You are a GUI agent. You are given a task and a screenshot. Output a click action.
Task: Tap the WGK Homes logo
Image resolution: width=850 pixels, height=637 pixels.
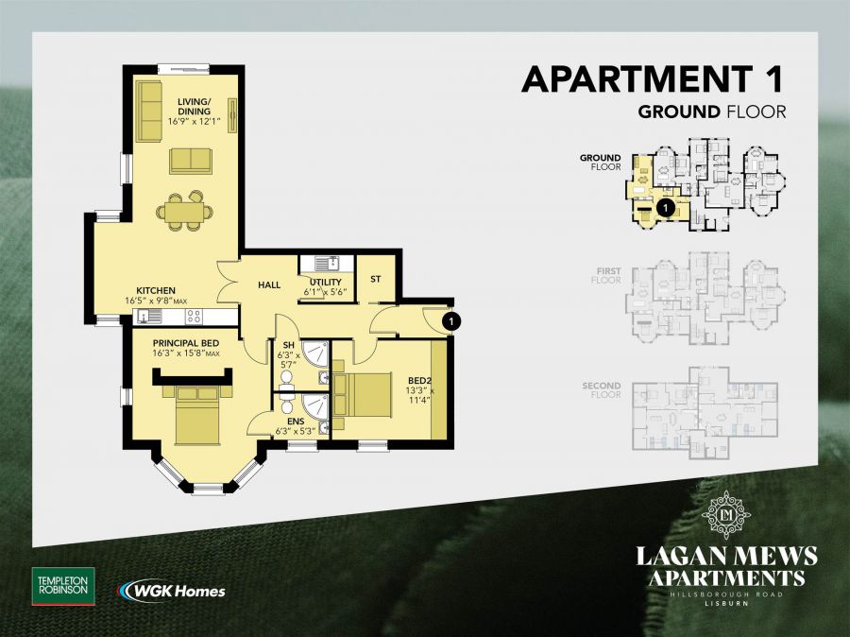(x=172, y=591)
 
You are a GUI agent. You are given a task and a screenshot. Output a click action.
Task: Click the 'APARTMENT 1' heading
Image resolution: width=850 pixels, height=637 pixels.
(x=654, y=79)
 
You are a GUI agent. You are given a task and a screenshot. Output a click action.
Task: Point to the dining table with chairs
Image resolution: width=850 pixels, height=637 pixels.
(x=181, y=211)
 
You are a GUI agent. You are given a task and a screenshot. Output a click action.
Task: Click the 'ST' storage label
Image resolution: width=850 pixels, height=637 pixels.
(x=375, y=279)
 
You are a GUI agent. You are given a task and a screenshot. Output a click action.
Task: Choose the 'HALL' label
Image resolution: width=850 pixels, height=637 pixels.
(x=269, y=284)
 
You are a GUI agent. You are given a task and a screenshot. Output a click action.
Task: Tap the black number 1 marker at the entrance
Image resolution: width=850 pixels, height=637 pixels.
(x=451, y=321)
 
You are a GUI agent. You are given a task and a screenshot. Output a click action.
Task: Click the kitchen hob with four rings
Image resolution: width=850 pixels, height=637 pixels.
(x=194, y=316)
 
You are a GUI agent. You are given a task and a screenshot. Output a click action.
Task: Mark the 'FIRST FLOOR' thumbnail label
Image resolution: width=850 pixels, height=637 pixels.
(x=606, y=275)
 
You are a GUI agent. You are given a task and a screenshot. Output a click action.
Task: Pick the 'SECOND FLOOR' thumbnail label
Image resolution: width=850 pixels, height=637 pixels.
(x=601, y=389)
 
